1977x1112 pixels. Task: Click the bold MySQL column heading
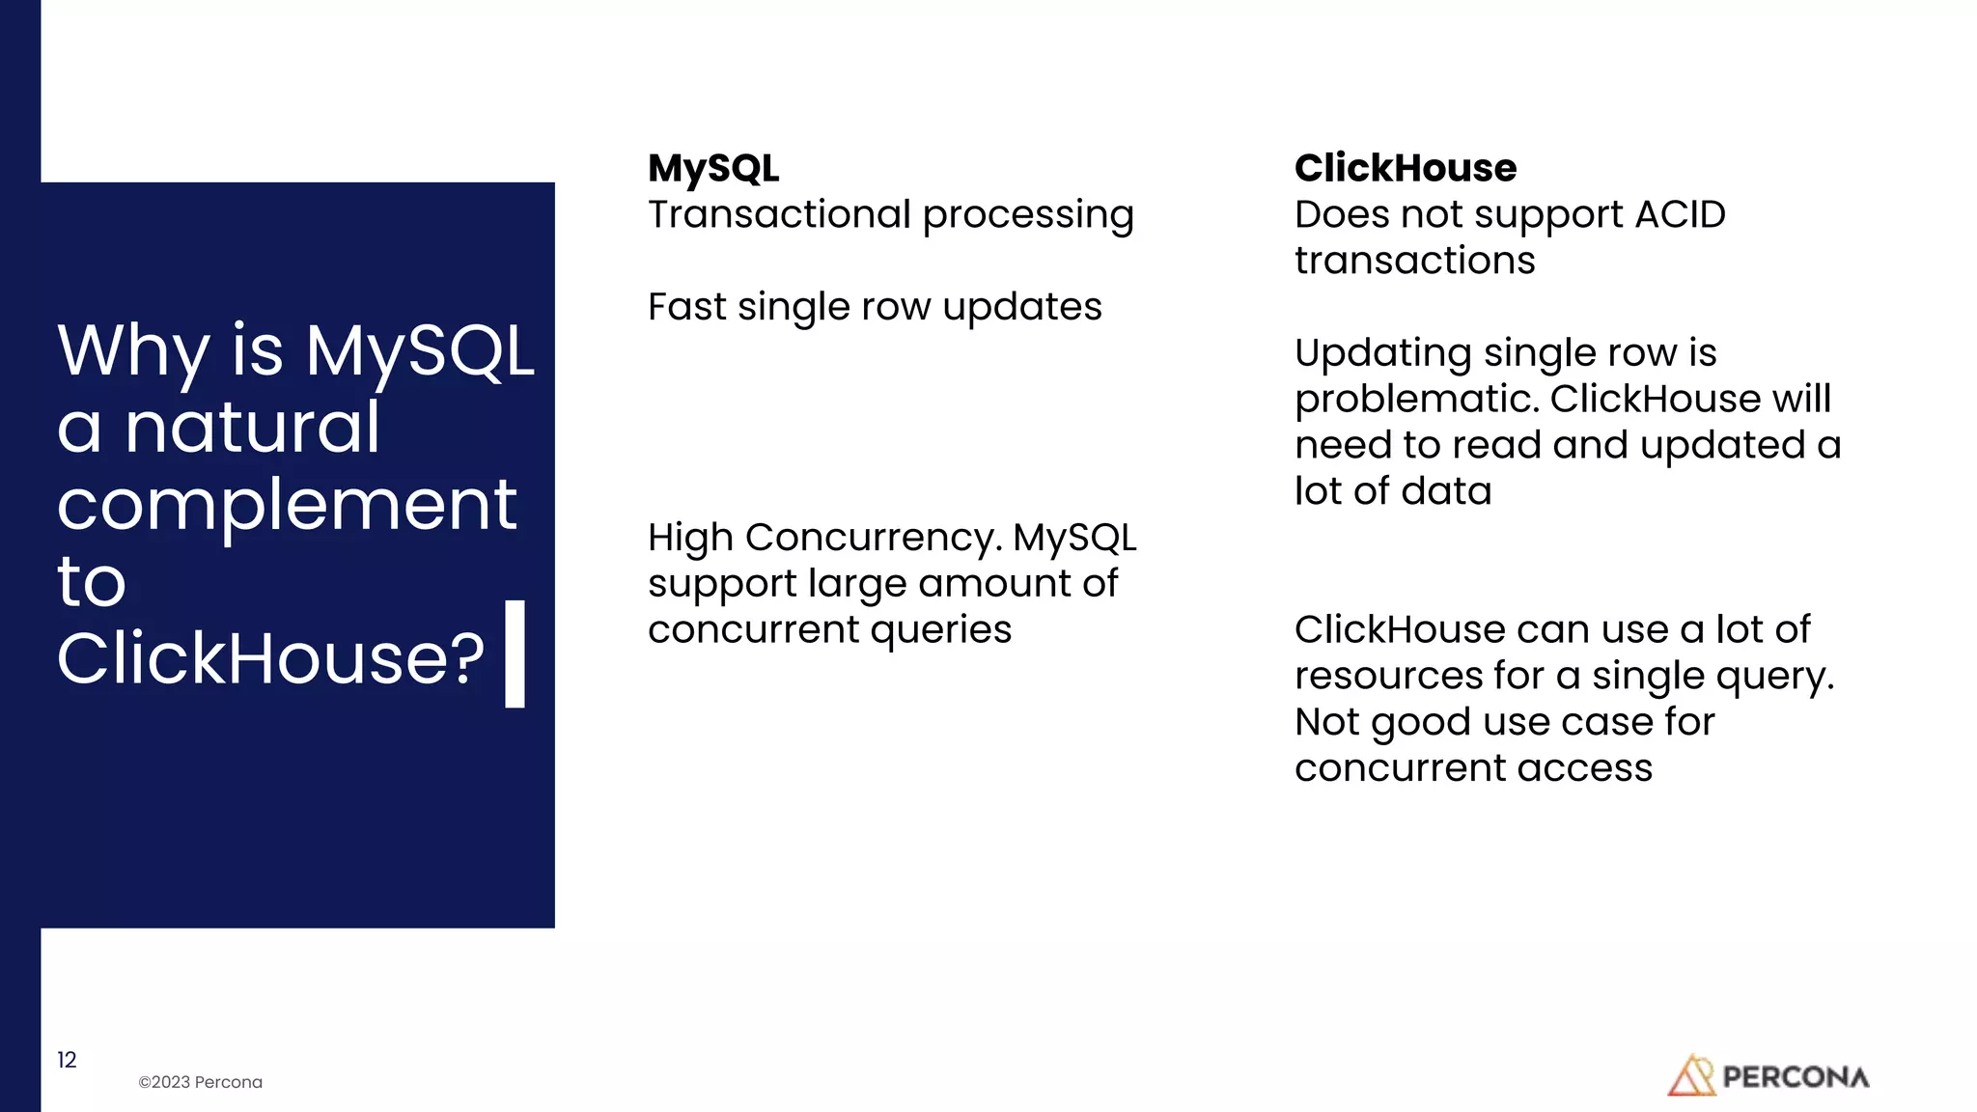click(713, 169)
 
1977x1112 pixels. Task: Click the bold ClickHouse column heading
click(1405, 169)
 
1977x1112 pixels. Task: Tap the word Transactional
click(779, 214)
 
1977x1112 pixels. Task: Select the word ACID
click(1680, 214)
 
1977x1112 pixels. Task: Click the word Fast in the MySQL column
click(686, 307)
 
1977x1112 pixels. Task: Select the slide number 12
click(67, 1060)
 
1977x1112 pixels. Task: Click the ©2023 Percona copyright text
click(200, 1082)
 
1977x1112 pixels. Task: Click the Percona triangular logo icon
click(1690, 1075)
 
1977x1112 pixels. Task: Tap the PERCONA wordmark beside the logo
click(1796, 1077)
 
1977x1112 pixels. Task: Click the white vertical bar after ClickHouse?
click(515, 653)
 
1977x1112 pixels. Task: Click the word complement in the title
click(287, 504)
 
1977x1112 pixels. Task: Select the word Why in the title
click(133, 350)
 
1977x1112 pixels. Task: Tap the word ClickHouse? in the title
click(270, 658)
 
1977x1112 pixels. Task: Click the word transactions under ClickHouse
click(1414, 261)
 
